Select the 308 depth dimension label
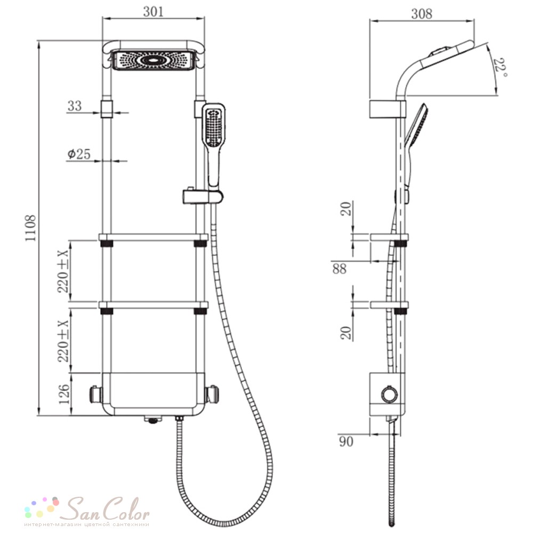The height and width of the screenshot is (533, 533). (x=422, y=14)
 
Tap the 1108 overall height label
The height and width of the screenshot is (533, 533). (x=30, y=229)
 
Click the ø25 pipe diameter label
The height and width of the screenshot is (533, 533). (x=78, y=155)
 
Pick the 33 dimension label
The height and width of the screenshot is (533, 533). (x=75, y=106)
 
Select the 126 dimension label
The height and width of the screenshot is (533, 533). (x=63, y=394)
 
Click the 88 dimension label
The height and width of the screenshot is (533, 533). (x=340, y=269)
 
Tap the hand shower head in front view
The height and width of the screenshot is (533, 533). (x=214, y=127)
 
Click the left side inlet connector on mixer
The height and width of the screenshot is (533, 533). (x=96, y=395)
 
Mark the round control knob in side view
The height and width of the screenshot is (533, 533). (x=389, y=395)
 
